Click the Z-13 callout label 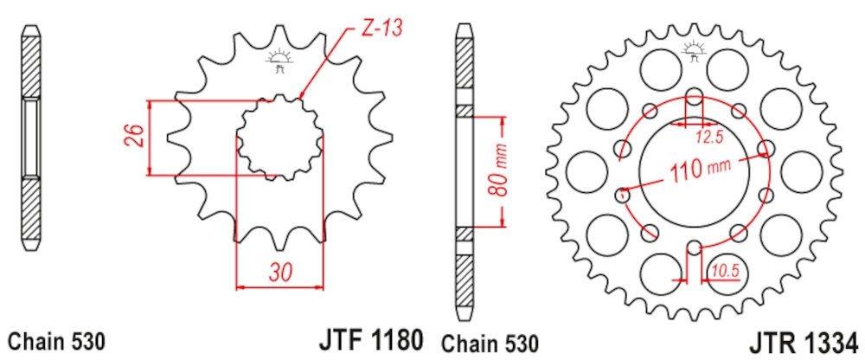coord(382,29)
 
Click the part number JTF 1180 coord(370,341)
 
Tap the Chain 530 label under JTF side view coord(55,341)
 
